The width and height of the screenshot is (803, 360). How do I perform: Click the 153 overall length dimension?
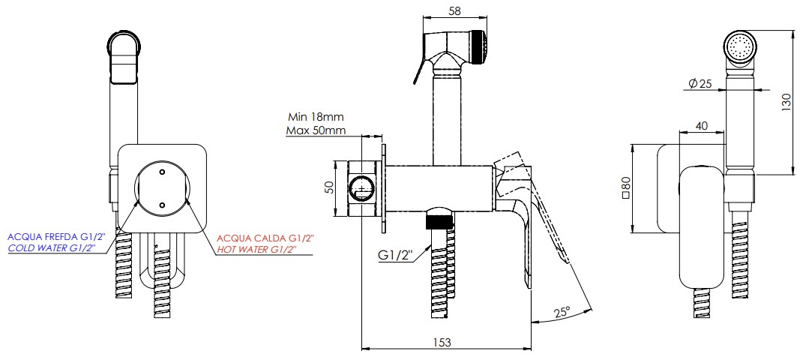pos(443,342)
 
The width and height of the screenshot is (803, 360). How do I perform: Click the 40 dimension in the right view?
pos(702,127)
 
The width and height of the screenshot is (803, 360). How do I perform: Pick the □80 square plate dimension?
pos(625,187)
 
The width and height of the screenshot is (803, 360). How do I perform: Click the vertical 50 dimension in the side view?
pos(328,187)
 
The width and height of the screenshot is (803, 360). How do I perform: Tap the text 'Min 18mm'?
pos(316,117)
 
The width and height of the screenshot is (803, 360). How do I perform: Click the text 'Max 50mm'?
pos(316,130)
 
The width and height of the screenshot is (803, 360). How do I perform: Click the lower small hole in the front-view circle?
pos(161,204)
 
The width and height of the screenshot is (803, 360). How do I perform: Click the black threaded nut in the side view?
pos(440,221)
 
